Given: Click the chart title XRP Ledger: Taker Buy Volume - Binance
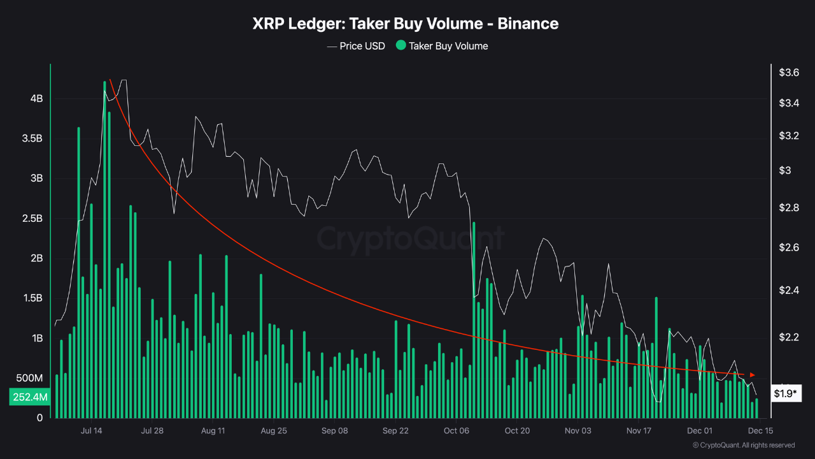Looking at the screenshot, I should tap(406, 24).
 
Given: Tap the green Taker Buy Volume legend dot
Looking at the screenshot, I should tap(400, 45).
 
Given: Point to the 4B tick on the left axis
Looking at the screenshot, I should tap(36, 99).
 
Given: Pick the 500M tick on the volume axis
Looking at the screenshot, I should tap(29, 378).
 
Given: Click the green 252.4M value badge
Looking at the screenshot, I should tap(29, 397).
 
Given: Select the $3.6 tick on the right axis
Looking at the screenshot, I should tap(789, 73).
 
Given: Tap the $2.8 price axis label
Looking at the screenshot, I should tap(789, 208).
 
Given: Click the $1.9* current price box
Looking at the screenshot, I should tap(785, 393).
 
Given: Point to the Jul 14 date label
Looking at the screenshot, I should tap(92, 431).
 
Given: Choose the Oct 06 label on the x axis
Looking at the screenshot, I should tap(456, 431).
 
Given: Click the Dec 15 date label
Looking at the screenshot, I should tap(760, 431).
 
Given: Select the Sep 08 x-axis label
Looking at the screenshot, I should tap(334, 431).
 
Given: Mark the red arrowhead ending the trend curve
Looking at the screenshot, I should tap(753, 374).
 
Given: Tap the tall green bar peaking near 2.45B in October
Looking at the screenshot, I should tap(474, 319).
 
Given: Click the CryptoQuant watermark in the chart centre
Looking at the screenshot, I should tap(411, 239).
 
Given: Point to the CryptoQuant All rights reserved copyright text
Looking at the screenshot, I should tap(744, 445).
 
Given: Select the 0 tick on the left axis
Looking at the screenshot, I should tap(39, 418).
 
